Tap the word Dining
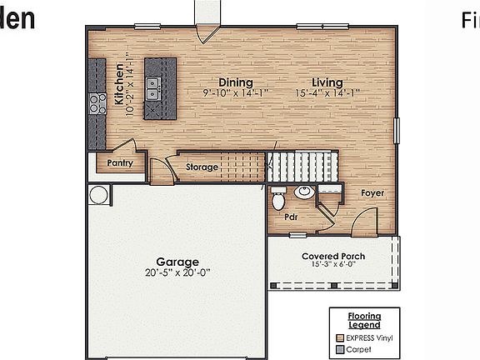[x=236, y=82]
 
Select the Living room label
[x=327, y=82]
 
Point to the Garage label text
[x=179, y=261]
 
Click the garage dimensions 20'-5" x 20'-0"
[x=179, y=272]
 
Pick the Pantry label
[x=120, y=164]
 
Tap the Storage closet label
[x=202, y=167]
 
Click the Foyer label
[x=372, y=193]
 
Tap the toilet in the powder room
[x=278, y=200]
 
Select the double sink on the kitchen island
[x=152, y=87]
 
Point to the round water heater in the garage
[x=98, y=195]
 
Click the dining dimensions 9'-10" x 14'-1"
[x=236, y=93]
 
